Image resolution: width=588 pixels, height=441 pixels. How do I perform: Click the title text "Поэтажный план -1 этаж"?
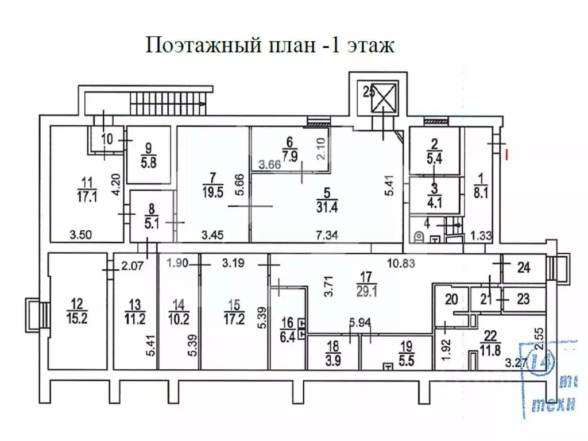270,45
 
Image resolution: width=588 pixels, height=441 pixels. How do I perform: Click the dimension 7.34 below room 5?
326,234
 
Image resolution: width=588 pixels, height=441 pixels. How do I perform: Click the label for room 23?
523,299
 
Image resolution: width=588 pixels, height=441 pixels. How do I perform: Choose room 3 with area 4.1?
434,196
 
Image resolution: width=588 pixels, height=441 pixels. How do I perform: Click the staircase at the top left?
167,104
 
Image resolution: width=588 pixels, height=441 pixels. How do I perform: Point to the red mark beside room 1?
507,154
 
